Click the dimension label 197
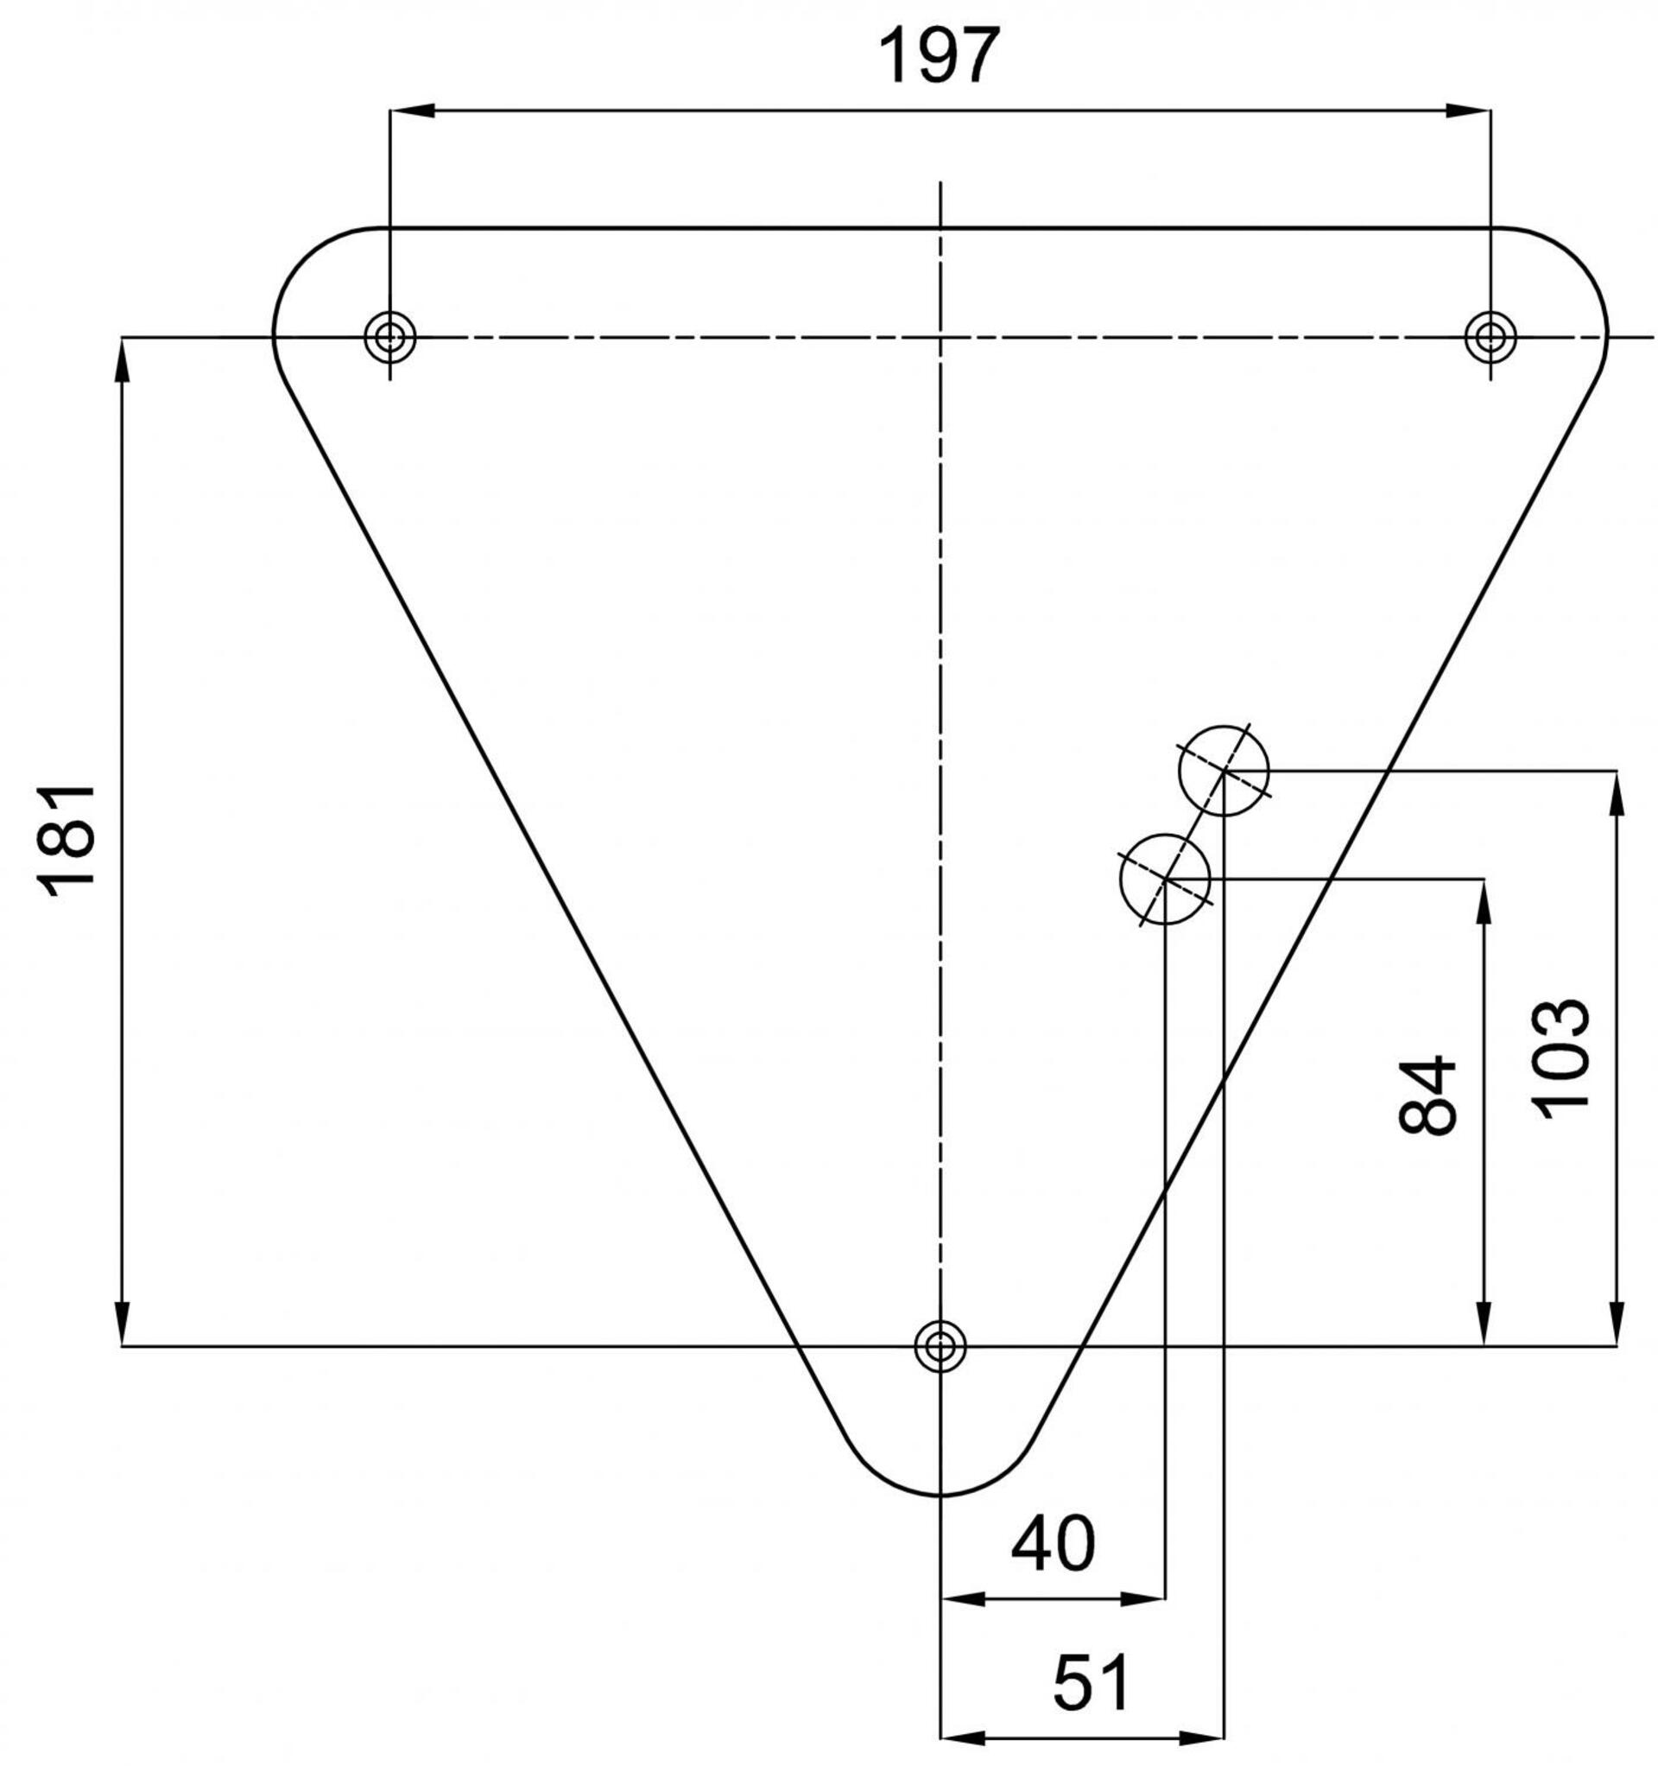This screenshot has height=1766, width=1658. coord(939,54)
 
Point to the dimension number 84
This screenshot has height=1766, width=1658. coord(1427,1096)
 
